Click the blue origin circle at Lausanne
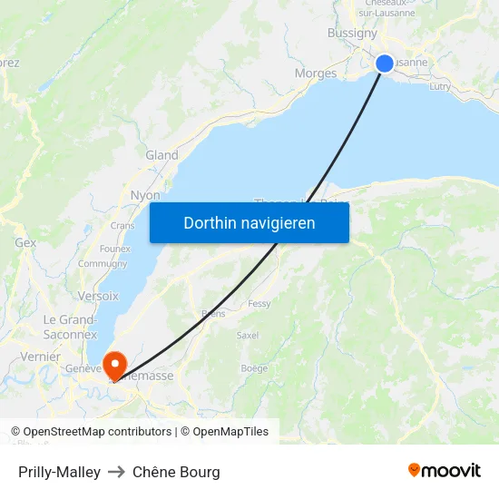point(385,63)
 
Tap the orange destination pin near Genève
point(115,365)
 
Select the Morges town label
point(316,73)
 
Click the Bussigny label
point(352,33)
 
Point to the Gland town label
point(161,155)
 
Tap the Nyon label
point(145,195)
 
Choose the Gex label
point(25,243)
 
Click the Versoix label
point(98,296)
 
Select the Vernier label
point(40,357)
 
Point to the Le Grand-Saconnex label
point(70,327)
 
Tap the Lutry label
point(439,86)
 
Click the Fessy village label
point(259,304)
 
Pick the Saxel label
point(247,335)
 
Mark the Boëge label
point(254,367)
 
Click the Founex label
point(115,248)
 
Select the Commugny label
point(103,264)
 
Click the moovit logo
point(445,470)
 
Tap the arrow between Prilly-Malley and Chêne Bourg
point(116,472)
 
